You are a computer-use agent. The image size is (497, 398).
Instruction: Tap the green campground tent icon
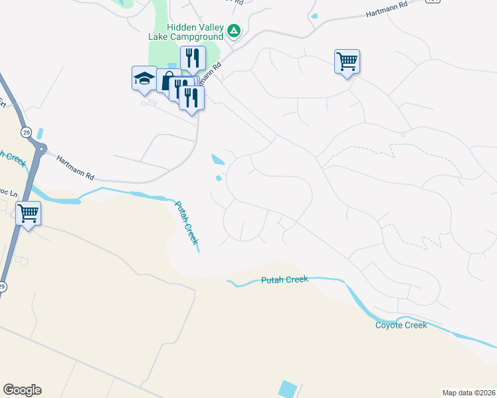pos(234,31)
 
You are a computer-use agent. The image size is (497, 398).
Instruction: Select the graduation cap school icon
pos(144,79)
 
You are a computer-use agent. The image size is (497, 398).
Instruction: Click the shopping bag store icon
pos(167,81)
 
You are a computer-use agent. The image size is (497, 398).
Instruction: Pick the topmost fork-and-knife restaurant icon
pos(193,58)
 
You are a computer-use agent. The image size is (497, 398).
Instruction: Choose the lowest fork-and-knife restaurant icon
pos(191,98)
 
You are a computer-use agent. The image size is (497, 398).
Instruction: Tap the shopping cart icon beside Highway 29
pos(28,214)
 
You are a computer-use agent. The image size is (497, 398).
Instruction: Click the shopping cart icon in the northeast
pos(347,62)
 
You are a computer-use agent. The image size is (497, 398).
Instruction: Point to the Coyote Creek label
pos(401,324)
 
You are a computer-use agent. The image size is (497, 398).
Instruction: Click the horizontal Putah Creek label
pos(284,279)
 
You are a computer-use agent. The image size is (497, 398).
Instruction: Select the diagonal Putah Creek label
pos(187,222)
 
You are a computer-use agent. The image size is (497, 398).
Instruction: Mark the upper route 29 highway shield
pos(26,131)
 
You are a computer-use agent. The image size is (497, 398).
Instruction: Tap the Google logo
pos(22,390)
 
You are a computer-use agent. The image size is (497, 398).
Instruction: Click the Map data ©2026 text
pos(469,393)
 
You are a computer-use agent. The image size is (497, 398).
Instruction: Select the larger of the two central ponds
pos(218,159)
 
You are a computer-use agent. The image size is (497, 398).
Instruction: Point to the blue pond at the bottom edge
pos(289,389)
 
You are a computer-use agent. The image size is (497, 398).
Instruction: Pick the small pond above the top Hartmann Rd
pos(314,16)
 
